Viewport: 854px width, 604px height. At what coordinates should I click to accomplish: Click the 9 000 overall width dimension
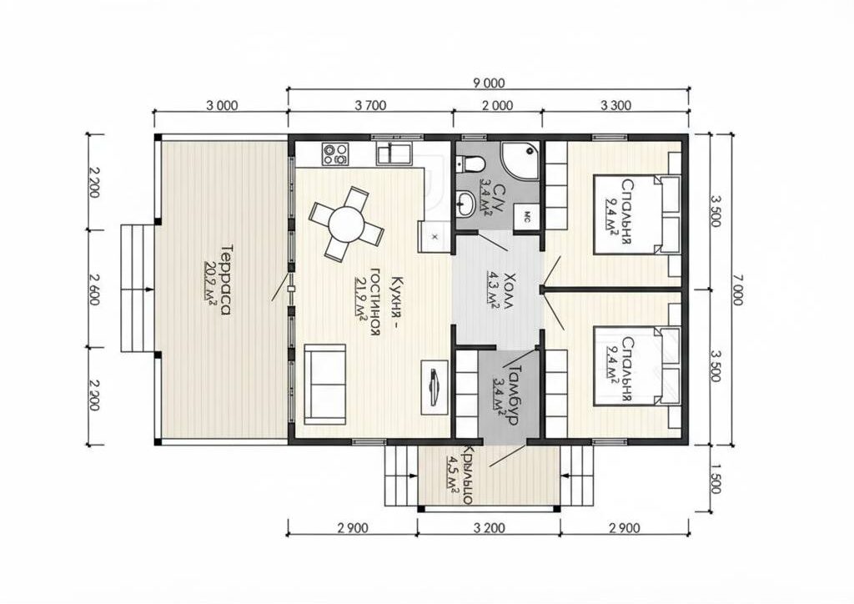(x=489, y=83)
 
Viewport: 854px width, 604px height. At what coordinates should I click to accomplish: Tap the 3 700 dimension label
(x=370, y=105)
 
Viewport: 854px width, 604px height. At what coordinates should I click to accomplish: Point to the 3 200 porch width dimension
(x=489, y=527)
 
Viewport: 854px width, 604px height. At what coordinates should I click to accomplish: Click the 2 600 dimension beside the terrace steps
(x=93, y=289)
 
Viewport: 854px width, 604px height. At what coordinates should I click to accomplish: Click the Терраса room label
(x=225, y=280)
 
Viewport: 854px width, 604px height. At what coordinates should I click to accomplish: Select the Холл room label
(x=508, y=290)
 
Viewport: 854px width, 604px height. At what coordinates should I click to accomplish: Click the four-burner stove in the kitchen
(x=335, y=154)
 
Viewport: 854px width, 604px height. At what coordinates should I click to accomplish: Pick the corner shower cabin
(x=520, y=159)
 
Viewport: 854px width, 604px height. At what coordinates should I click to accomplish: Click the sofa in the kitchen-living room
(x=324, y=384)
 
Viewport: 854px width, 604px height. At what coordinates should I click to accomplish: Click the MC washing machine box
(x=526, y=219)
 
